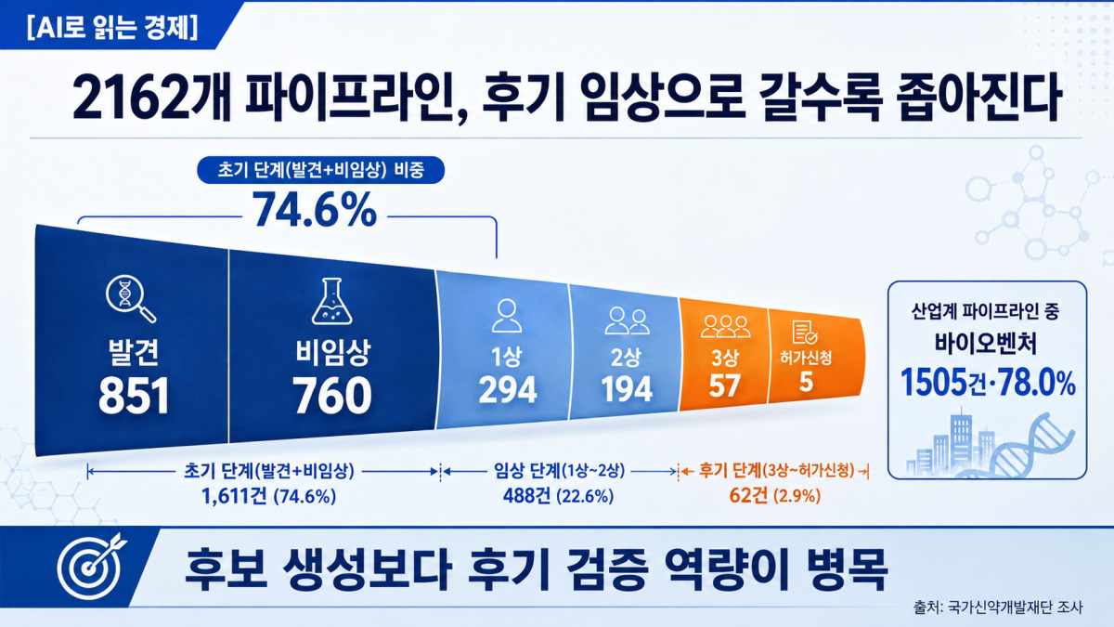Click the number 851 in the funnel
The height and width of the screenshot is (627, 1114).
[x=134, y=396]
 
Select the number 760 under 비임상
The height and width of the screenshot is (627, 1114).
[x=331, y=396]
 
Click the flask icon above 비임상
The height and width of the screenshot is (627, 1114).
[x=331, y=301]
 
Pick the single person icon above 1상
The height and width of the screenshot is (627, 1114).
[x=507, y=316]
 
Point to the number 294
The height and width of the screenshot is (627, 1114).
[x=507, y=389]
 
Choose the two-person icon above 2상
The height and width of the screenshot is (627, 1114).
[x=627, y=321]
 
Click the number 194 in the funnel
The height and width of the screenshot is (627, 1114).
[x=627, y=389]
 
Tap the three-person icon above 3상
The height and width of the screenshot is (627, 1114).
[x=726, y=326]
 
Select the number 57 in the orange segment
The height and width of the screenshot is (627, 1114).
[x=725, y=385]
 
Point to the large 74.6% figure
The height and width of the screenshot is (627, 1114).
[x=315, y=210]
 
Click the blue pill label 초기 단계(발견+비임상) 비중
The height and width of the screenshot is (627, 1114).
[x=321, y=170]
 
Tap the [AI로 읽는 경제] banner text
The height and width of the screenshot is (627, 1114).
[x=112, y=26]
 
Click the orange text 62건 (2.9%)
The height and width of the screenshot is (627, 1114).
[x=775, y=496]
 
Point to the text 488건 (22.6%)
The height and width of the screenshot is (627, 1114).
[x=558, y=496]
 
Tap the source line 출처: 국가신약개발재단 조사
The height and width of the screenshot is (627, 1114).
[x=998, y=607]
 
